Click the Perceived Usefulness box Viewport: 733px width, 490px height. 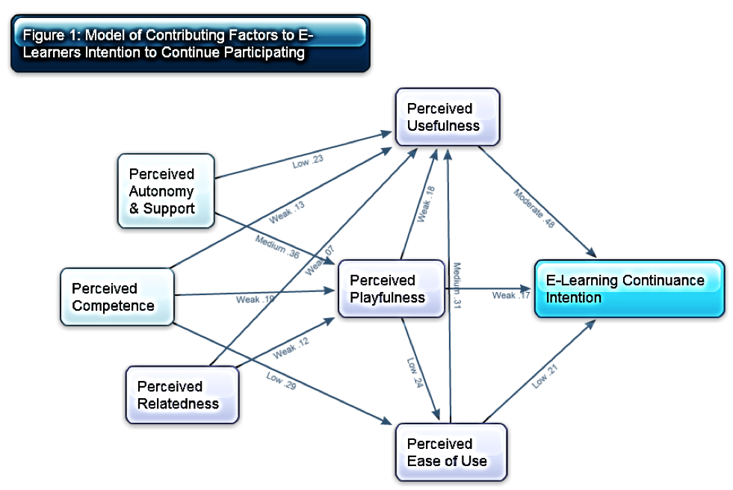click(x=447, y=117)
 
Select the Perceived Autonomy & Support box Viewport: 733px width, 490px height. click(x=165, y=191)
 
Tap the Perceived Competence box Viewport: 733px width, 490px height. click(x=117, y=297)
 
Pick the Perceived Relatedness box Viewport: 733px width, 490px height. click(x=182, y=395)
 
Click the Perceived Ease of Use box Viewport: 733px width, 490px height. click(x=451, y=453)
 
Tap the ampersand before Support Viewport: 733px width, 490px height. click(x=134, y=208)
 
